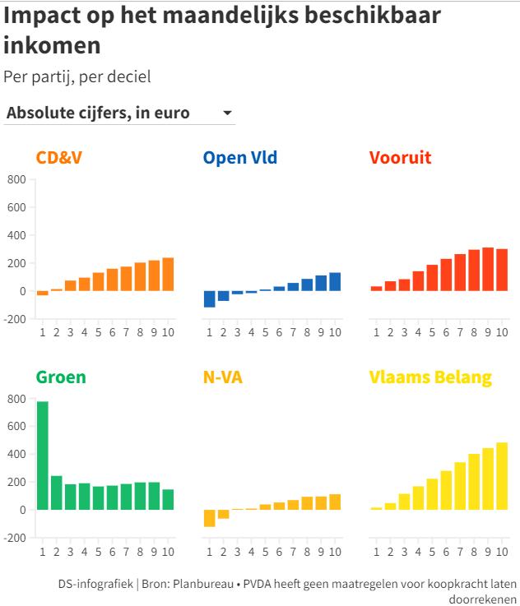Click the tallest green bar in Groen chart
point(43,455)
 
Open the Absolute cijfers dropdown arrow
point(227,113)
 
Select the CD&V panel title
point(59,158)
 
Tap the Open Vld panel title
point(240,158)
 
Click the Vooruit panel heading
point(401,158)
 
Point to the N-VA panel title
point(223,378)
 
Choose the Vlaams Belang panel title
point(430,378)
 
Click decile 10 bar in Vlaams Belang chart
point(502,476)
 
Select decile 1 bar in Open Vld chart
point(210,299)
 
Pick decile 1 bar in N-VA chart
point(210,518)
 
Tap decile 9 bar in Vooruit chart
point(488,270)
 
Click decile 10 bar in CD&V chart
point(168,275)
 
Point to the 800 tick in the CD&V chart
point(16,179)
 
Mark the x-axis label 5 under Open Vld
point(265,332)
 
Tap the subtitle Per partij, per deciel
point(77,76)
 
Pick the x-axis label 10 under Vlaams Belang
point(502,551)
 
